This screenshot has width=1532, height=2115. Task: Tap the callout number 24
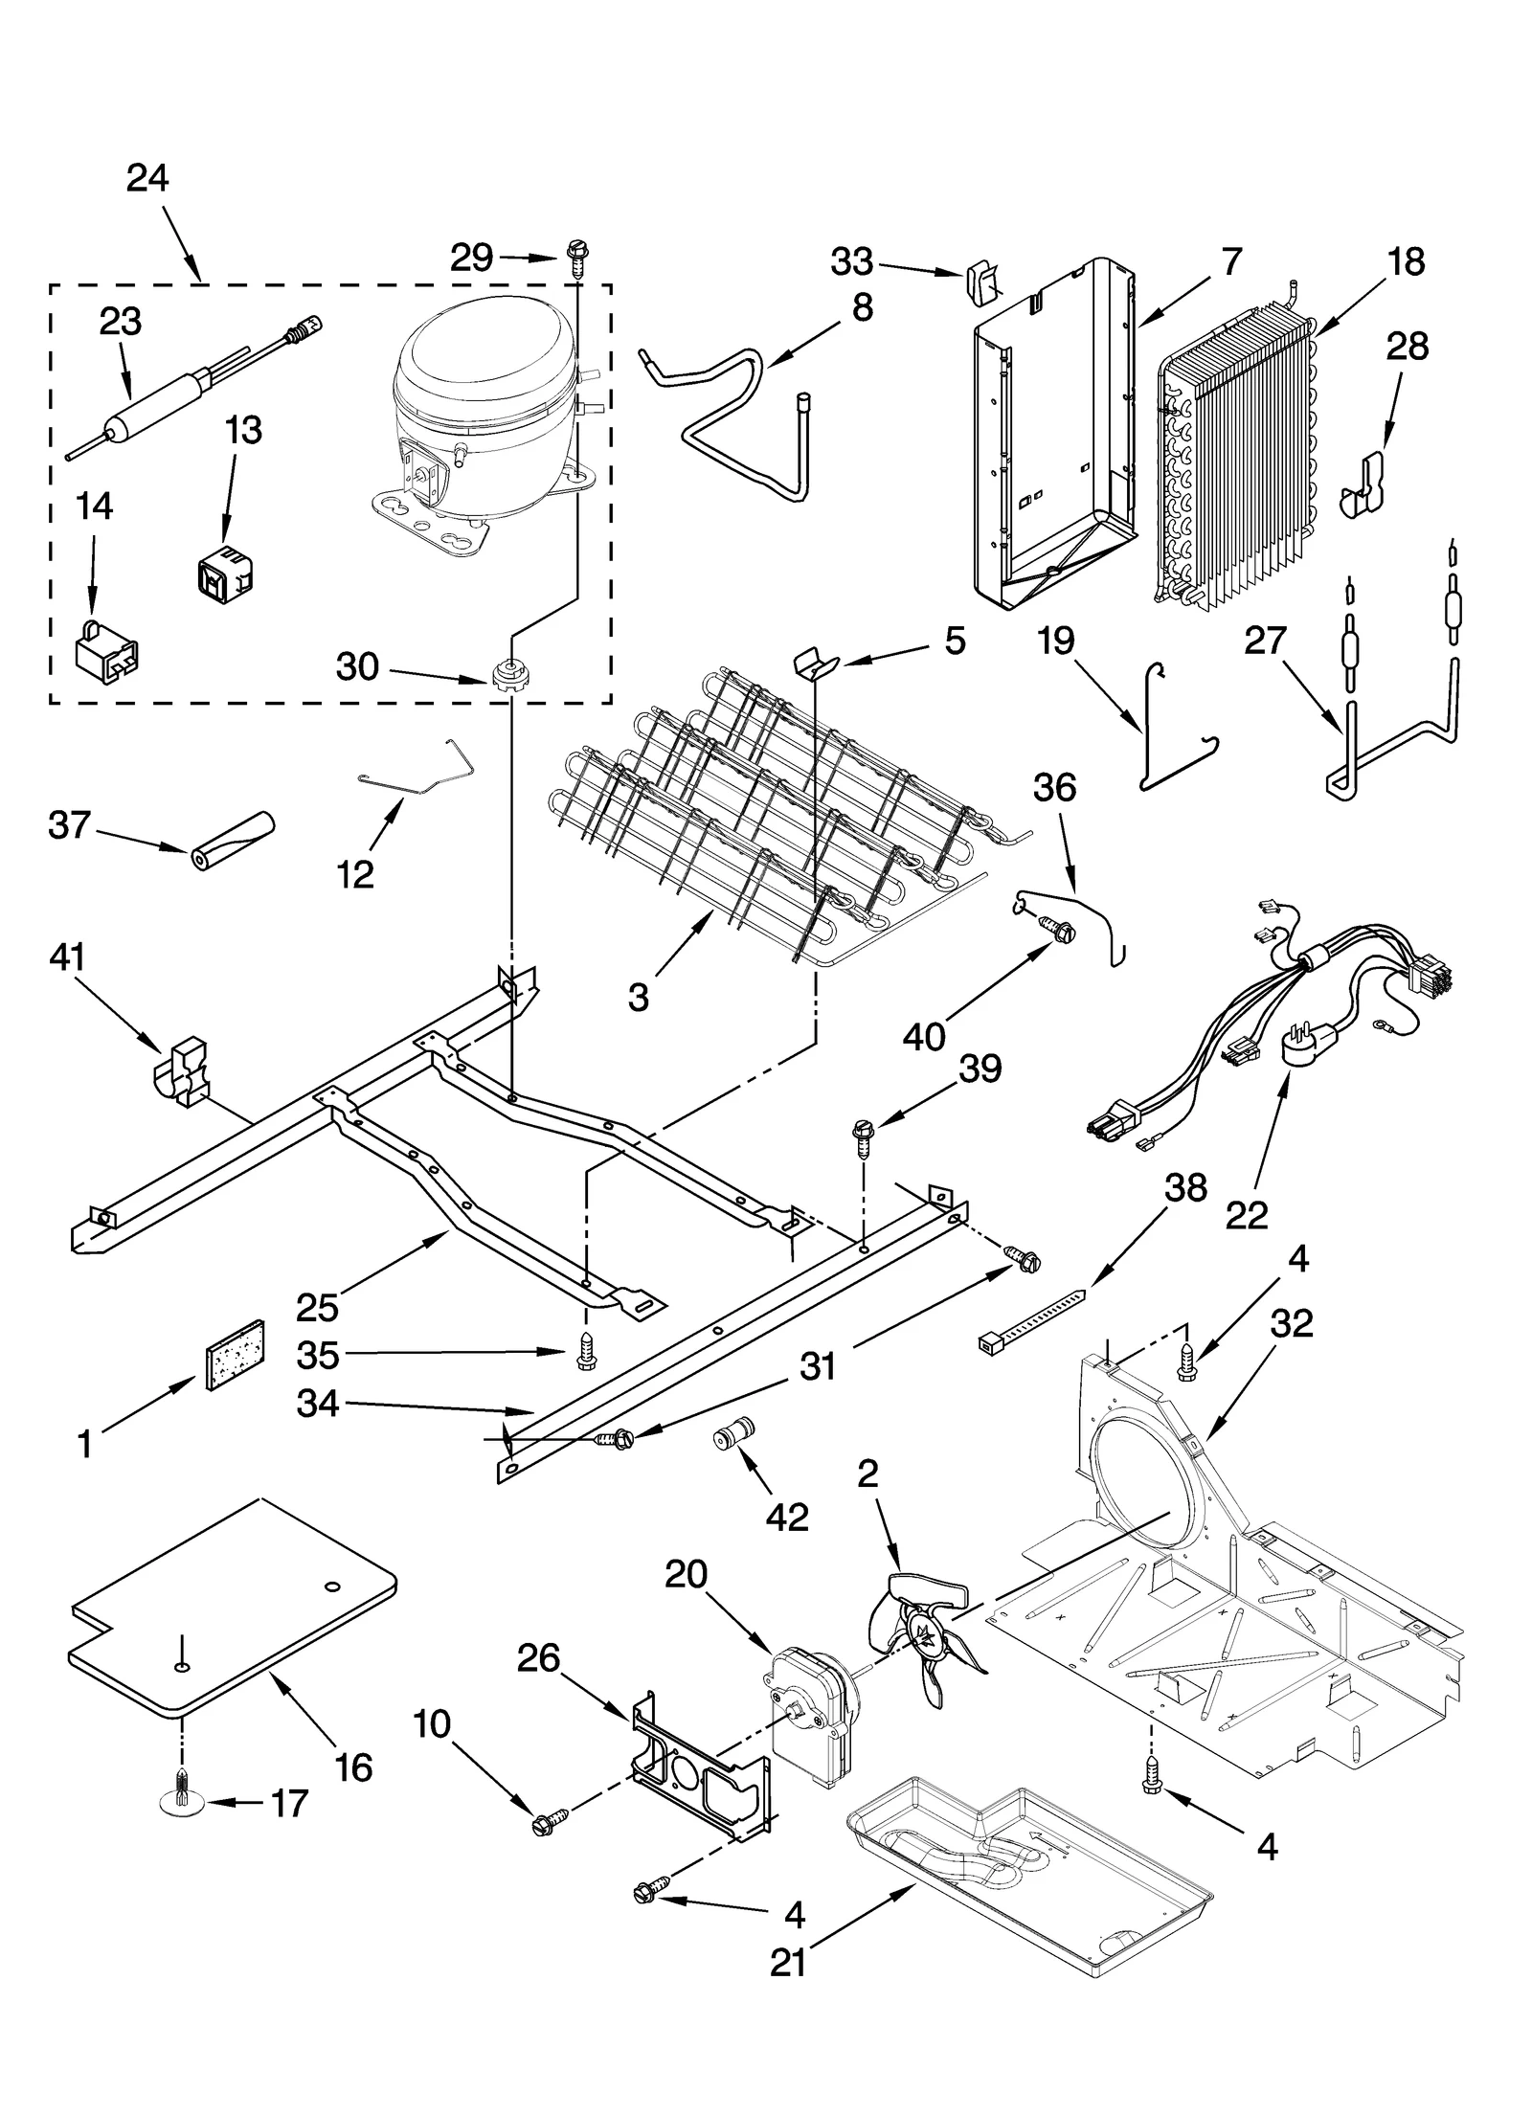coord(147,179)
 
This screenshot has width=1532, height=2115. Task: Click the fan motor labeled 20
coord(811,1715)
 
